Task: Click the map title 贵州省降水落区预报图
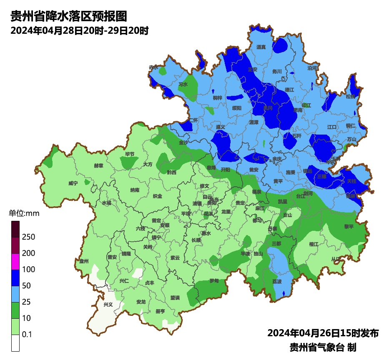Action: tap(68, 16)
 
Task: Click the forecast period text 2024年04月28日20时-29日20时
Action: tap(79, 30)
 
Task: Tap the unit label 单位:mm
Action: tap(24, 214)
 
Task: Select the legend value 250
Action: tap(29, 237)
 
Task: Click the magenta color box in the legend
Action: tap(15, 261)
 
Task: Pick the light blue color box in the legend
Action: tap(15, 294)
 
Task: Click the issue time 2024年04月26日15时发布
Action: tap(323, 333)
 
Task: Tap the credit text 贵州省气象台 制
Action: tap(323, 347)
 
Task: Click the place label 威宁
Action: tap(73, 183)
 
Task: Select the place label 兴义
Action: tap(108, 305)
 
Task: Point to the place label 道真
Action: tap(261, 47)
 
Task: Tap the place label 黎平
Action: tap(349, 226)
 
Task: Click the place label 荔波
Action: tap(277, 281)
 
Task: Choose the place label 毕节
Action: tap(130, 154)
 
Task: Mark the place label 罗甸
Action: tap(214, 281)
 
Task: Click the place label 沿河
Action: tap(312, 67)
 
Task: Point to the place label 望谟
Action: tap(175, 297)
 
